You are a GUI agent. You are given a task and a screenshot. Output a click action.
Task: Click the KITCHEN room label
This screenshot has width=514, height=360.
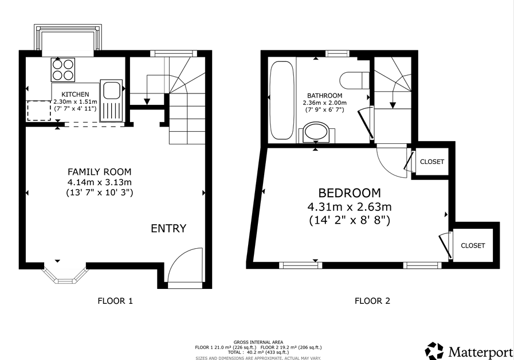(76, 95)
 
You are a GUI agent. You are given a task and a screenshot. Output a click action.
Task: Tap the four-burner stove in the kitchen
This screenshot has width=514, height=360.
(62, 70)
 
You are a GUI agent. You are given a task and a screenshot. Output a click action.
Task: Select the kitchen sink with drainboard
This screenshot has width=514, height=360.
(112, 100)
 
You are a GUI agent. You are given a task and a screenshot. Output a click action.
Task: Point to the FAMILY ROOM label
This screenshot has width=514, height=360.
(99, 172)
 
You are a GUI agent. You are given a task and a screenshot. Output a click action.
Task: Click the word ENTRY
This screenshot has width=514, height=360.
(168, 228)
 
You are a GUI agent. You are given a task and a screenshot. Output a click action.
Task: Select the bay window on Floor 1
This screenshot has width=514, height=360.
(65, 273)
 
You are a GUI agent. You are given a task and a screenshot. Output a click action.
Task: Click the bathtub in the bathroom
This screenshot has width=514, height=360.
(281, 100)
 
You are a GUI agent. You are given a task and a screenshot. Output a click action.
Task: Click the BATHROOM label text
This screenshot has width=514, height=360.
(324, 96)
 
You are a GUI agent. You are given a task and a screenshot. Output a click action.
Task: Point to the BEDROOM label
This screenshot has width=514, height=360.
(350, 193)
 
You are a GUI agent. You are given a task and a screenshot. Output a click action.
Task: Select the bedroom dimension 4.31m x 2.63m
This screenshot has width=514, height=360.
(350, 207)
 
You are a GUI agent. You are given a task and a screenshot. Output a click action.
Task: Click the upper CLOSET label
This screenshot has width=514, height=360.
(432, 162)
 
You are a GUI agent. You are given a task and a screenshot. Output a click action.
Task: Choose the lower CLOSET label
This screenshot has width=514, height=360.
(473, 245)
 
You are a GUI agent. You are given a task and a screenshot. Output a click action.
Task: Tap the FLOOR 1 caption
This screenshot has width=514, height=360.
(115, 301)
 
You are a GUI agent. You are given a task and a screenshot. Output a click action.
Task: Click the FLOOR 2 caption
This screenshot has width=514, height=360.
(372, 301)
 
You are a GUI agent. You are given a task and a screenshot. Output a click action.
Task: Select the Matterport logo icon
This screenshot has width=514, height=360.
(434, 351)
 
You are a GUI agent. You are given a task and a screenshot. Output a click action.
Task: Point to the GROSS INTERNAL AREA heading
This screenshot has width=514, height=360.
(258, 342)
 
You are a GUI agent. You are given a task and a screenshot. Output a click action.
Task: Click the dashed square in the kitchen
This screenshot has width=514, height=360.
(39, 111)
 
